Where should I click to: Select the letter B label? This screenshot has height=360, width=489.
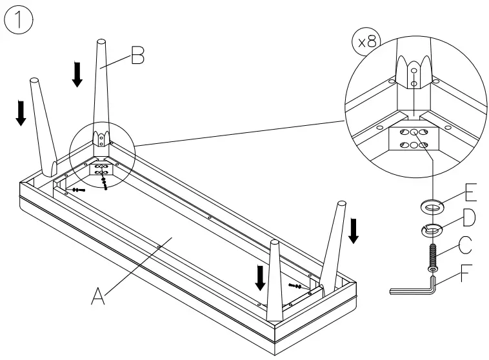[137, 57]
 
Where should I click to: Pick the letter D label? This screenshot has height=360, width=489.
[469, 218]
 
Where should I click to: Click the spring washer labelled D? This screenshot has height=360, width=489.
[430, 228]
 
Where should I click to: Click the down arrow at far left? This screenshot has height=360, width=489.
[21, 112]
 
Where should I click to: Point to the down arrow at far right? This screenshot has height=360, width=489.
[353, 231]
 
